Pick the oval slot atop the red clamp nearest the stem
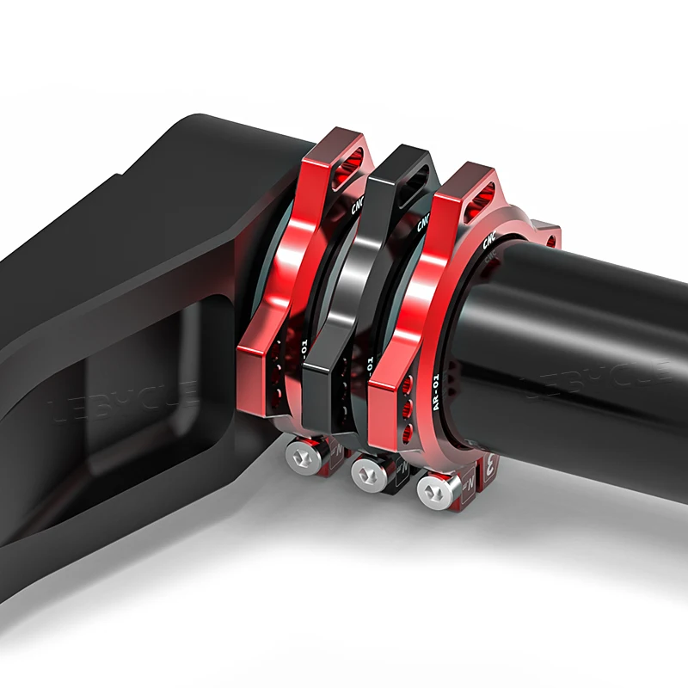(x=351, y=157)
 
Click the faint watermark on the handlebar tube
(x=602, y=378)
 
